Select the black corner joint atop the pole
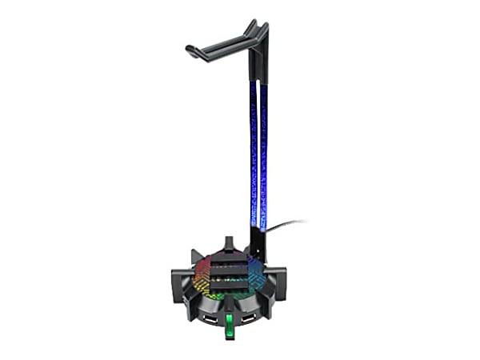258,36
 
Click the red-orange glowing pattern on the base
202,282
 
